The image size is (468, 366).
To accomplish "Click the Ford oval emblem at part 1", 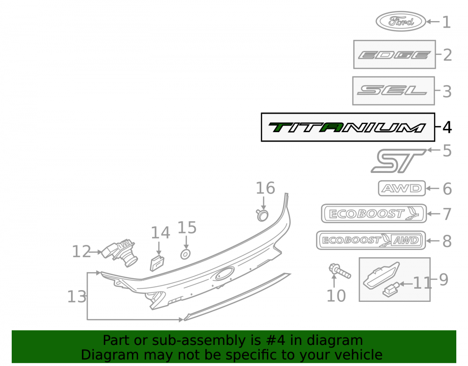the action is (x=401, y=21).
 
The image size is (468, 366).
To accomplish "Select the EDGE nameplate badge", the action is (x=394, y=55).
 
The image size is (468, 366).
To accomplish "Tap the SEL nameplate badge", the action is (x=393, y=90).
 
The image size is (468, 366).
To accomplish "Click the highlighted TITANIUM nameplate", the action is (x=347, y=127).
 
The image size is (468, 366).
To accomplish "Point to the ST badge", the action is (x=398, y=161).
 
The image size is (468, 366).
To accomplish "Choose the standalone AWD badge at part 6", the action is (x=402, y=188).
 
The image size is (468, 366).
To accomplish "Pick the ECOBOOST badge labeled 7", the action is (x=374, y=214).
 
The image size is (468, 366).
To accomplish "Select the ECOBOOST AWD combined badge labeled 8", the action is (x=371, y=240).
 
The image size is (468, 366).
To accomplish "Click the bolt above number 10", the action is (x=339, y=270).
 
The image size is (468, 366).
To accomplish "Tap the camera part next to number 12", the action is (x=120, y=252).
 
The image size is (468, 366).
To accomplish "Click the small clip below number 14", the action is (x=157, y=263).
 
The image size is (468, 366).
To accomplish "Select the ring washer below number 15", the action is (x=185, y=254).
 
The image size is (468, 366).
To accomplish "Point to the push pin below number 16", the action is (x=263, y=215).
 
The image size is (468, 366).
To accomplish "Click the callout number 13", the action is (x=77, y=297).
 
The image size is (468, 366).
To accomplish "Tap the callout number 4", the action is (x=447, y=127).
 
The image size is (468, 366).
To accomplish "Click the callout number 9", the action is (x=444, y=280).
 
